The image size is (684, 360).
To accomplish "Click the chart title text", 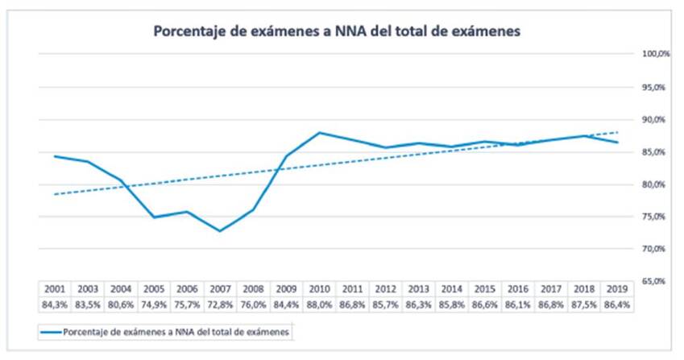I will tap(338, 32).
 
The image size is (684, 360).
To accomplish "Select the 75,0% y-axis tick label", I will tap(655, 217).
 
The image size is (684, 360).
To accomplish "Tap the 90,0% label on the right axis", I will tap(655, 119).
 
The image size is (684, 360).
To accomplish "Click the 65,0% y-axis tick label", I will tap(655, 281).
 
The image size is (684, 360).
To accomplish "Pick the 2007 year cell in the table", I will tap(220, 289).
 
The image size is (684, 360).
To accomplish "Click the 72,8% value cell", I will tap(220, 304).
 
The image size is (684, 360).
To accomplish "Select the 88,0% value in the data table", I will tap(320, 304).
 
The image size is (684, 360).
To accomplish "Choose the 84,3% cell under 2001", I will tap(54, 304).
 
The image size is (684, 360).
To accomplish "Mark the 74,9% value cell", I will tap(154, 304).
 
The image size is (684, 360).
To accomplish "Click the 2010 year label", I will tap(320, 289).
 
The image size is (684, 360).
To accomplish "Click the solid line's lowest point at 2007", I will tap(220, 231).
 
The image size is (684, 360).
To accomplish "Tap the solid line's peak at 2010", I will tap(320, 132).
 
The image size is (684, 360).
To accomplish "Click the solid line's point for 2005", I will tap(154, 217).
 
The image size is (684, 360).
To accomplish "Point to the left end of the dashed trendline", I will tap(54, 194).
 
